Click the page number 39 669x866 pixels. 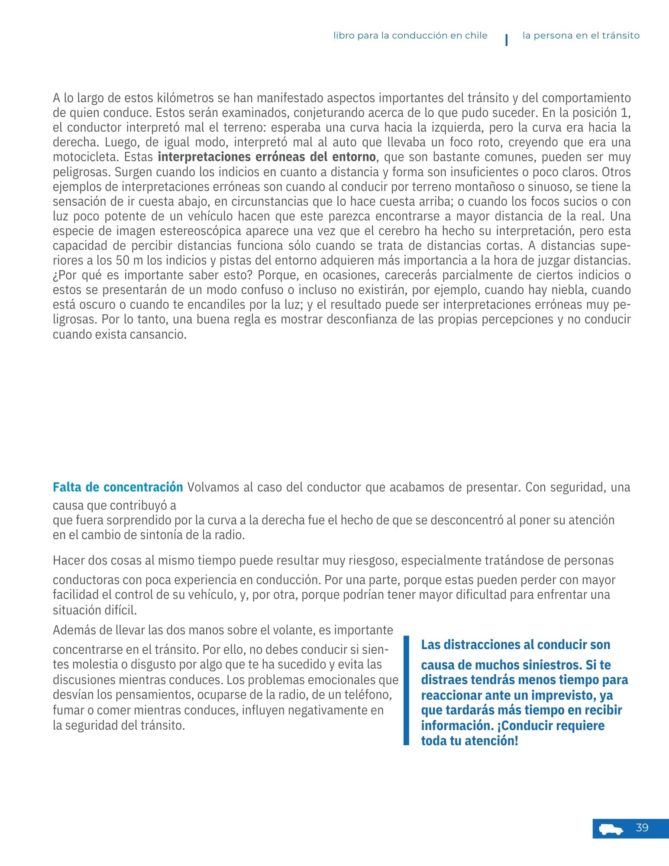coord(642,828)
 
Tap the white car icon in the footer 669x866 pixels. coord(611,829)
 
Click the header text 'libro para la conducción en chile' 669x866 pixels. coord(410,36)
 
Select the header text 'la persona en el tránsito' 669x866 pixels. coord(581,36)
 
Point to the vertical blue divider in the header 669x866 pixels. coord(506,40)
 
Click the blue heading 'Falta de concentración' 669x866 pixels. coord(118,487)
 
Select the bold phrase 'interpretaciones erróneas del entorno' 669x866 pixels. coord(267,157)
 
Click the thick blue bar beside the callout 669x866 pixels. coord(406,690)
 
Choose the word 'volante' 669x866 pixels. coord(289,630)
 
